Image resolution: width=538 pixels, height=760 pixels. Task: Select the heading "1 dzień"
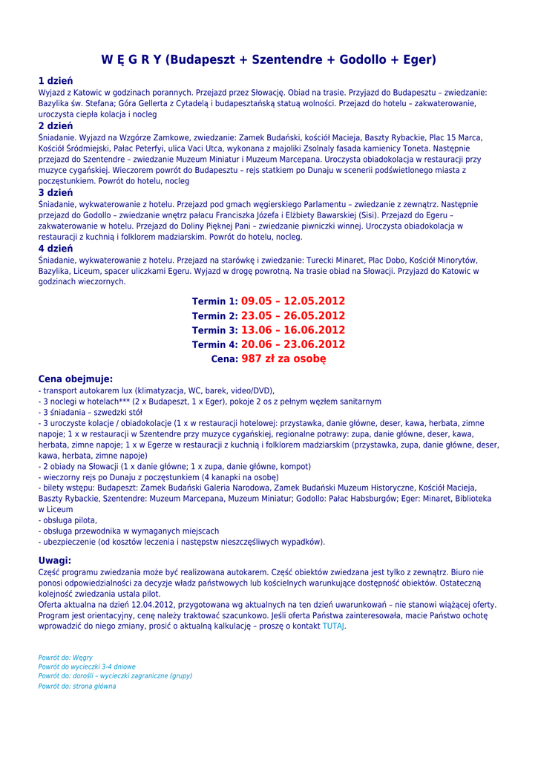pyautogui.click(x=56, y=81)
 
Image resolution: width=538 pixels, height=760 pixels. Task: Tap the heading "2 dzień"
pyautogui.click(x=56, y=126)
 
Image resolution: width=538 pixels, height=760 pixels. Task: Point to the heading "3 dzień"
pyautogui.click(x=56, y=193)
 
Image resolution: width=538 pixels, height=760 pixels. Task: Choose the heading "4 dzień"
pyautogui.click(x=56, y=249)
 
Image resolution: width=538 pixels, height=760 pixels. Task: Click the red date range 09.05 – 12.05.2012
pyautogui.click(x=293, y=301)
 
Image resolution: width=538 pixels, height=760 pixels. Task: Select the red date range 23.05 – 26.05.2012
pyautogui.click(x=293, y=315)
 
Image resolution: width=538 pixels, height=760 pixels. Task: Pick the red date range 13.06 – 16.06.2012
pyautogui.click(x=293, y=330)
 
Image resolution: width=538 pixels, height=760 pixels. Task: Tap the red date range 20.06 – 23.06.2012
pyautogui.click(x=293, y=344)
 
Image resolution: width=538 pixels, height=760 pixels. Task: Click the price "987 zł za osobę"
pyautogui.click(x=284, y=359)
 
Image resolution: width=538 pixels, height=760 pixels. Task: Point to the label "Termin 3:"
pyautogui.click(x=214, y=330)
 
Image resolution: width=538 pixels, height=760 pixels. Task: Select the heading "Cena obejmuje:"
pyautogui.click(x=76, y=379)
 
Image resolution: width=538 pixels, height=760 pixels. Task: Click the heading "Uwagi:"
pyautogui.click(x=55, y=560)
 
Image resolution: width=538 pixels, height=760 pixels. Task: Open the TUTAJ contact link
pyautogui.click(x=333, y=626)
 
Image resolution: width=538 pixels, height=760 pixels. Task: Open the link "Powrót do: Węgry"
pyautogui.click(x=65, y=658)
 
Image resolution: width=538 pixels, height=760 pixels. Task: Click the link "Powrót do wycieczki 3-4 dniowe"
pyautogui.click(x=87, y=667)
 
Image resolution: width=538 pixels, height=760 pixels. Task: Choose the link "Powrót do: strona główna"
pyautogui.click(x=77, y=687)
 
